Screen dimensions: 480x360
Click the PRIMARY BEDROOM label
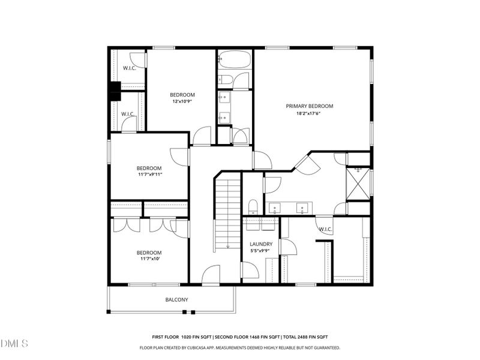click(x=309, y=106)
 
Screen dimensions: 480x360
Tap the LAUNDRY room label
click(x=261, y=244)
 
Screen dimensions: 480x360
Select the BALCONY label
click(x=176, y=299)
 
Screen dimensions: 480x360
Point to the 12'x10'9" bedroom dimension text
click(x=182, y=101)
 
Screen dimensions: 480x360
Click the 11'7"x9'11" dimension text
click(x=149, y=175)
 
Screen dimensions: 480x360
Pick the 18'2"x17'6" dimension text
click(x=309, y=113)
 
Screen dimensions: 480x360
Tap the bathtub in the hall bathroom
click(x=235, y=59)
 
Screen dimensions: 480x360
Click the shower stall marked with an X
click(x=358, y=184)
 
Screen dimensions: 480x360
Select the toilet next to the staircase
click(x=253, y=206)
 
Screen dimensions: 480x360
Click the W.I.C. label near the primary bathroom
click(x=325, y=229)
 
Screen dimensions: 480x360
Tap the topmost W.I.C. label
click(x=130, y=68)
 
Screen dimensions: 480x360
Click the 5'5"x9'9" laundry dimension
click(x=260, y=250)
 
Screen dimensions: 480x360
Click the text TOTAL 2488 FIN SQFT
click(x=305, y=337)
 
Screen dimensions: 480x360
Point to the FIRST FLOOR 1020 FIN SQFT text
click(x=182, y=337)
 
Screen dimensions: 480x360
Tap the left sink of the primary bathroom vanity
click(x=275, y=208)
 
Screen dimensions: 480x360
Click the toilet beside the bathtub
click(x=225, y=79)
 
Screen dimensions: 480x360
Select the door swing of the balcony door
click(x=211, y=275)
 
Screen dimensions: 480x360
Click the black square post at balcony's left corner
click(x=109, y=312)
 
